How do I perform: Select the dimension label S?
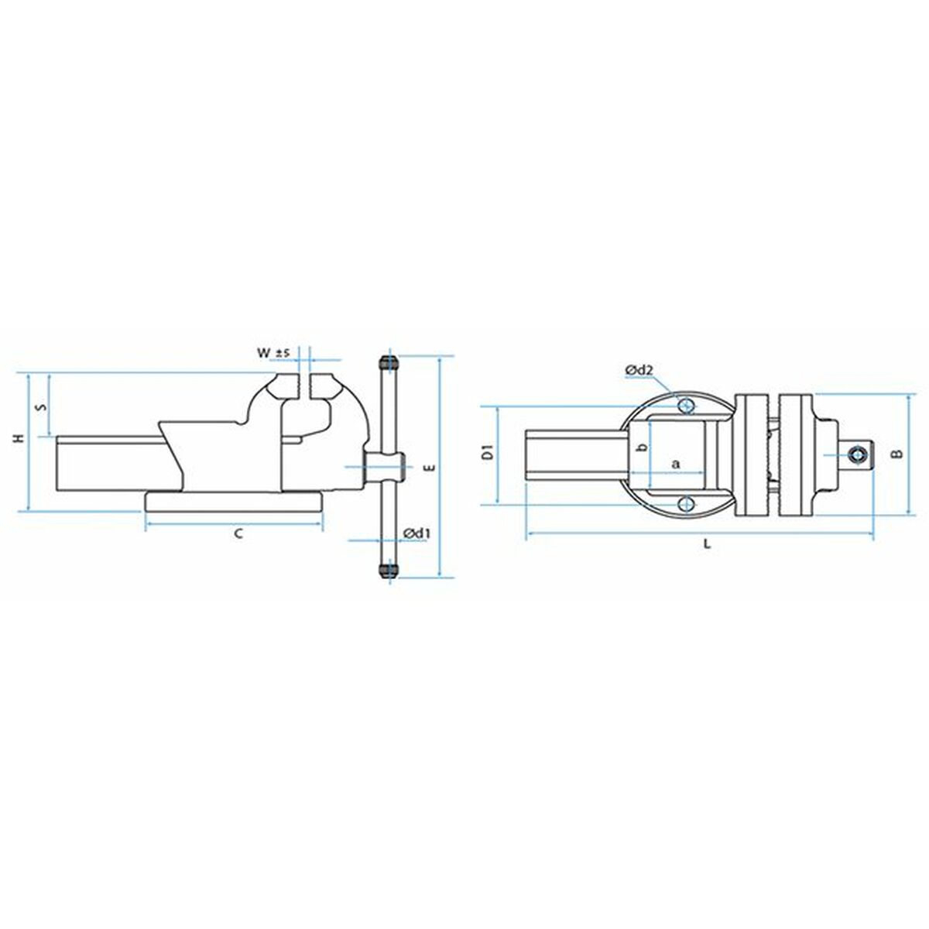[x=43, y=405]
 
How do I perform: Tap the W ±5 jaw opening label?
[x=273, y=353]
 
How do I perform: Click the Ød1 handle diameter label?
[x=417, y=533]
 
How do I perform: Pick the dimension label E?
[x=427, y=467]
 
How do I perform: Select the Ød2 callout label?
[x=639, y=372]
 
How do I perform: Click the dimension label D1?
[x=487, y=453]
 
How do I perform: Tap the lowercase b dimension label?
[x=640, y=449]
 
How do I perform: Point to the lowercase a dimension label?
[x=675, y=464]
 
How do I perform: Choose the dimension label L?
[x=706, y=543]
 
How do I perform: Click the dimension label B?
[x=896, y=454]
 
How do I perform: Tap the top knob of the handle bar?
[x=388, y=364]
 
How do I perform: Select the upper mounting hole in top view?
[x=684, y=405]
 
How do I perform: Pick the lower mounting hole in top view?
[x=684, y=504]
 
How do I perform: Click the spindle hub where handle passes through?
[x=385, y=466]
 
